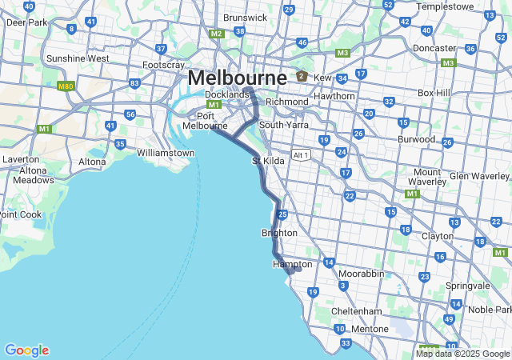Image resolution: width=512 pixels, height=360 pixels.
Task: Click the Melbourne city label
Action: (x=237, y=78)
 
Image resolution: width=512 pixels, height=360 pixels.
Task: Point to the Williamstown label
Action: (x=166, y=153)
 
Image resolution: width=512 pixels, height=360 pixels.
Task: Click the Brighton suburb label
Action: (x=279, y=233)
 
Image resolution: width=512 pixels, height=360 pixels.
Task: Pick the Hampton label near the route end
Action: (x=292, y=264)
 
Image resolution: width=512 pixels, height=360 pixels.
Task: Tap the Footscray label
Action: (x=163, y=65)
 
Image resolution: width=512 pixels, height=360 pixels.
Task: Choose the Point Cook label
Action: (x=19, y=214)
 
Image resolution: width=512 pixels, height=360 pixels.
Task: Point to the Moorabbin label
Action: (x=361, y=274)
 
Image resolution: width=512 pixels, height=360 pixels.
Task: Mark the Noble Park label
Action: (x=490, y=310)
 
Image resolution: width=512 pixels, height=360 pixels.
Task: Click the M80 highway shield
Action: (x=66, y=86)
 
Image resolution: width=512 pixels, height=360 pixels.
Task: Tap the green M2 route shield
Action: (x=217, y=34)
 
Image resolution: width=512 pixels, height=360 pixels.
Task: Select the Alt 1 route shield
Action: (x=301, y=155)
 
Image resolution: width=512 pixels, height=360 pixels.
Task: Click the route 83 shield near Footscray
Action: (x=134, y=83)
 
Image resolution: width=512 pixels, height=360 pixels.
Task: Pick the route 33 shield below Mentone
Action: (x=346, y=343)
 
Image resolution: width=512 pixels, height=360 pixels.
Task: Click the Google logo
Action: (x=26, y=350)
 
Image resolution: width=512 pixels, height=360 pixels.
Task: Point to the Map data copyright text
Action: (x=462, y=354)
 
